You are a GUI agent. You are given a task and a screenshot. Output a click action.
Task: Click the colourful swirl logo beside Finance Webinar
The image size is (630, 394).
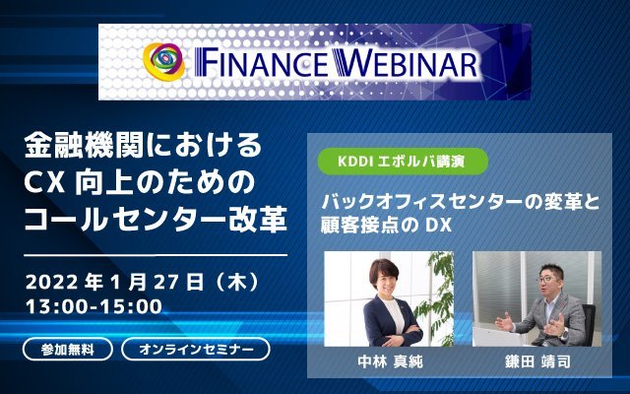coord(164,61)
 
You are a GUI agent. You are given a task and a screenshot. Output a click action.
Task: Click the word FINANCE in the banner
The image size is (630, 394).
coord(262,63)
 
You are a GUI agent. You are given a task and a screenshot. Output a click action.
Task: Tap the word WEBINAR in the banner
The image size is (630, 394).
coord(406,63)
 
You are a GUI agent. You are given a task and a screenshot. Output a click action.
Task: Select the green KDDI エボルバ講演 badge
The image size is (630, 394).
coord(403,161)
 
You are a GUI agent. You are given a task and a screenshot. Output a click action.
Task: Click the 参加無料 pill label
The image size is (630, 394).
coord(68,349)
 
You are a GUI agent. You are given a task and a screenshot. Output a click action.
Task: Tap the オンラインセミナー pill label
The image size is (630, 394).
coord(196,349)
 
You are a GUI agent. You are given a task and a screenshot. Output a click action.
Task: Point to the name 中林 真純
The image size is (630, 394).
coord(390,361)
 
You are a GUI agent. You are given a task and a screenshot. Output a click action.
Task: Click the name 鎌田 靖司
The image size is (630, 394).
coord(537,361)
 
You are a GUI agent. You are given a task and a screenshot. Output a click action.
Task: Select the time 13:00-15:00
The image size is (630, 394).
coord(94,306)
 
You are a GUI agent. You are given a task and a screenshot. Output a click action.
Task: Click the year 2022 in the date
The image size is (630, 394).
coord(51,282)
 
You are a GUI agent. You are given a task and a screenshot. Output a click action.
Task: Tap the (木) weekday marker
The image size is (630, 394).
coord(236,282)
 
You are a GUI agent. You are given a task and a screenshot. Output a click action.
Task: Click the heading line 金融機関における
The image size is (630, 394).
coord(144,145)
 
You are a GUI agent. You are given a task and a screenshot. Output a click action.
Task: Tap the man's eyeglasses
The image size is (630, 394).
coord(549,279)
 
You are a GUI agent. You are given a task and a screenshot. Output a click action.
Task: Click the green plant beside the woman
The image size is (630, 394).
coord(435,297)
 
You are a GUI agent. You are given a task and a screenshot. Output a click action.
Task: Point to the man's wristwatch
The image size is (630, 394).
coord(564,333)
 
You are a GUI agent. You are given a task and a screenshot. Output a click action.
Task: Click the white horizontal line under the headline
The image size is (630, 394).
coord(156,255)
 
